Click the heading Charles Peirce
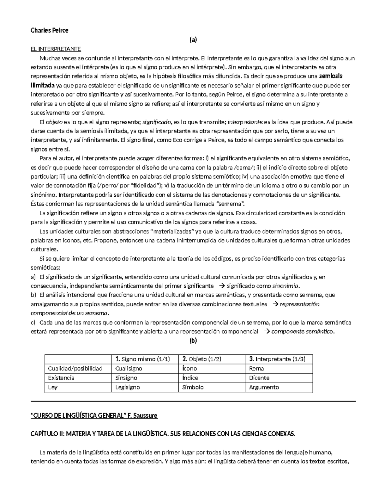pos(49,31)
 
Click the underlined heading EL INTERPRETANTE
pos(56,49)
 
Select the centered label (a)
pos(193,40)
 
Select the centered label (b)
pos(193,341)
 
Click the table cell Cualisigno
pos(129,368)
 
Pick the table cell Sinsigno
pos(126,378)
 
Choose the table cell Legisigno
pos(128,387)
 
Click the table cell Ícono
pos(189,368)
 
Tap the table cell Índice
pos(190,378)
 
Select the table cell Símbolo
pos(193,387)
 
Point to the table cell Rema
pos(256,368)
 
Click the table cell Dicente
pos(259,378)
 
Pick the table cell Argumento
pos(264,387)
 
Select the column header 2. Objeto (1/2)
pos(202,359)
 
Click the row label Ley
pos(53,387)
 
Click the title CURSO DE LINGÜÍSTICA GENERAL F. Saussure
pos(94,416)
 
